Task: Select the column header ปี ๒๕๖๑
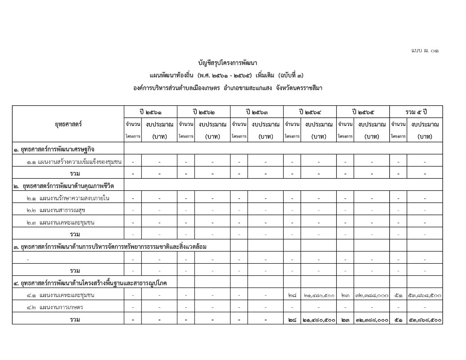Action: (151, 111)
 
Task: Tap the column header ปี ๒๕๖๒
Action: (204, 111)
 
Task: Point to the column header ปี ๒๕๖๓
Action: (257, 111)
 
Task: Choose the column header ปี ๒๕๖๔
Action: (310, 111)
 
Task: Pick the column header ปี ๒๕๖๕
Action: (363, 111)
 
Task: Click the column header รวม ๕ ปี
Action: (416, 111)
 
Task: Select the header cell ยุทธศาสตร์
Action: (68, 124)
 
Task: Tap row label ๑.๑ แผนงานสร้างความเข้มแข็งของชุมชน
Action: (74, 161)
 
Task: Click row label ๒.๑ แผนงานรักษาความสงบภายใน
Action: (68, 198)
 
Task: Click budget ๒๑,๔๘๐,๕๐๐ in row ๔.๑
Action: (318, 295)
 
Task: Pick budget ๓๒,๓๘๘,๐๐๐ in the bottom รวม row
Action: (371, 319)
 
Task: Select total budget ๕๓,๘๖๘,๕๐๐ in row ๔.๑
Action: (425, 295)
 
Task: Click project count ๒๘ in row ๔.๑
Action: (292, 295)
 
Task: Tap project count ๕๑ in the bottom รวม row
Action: (398, 319)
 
